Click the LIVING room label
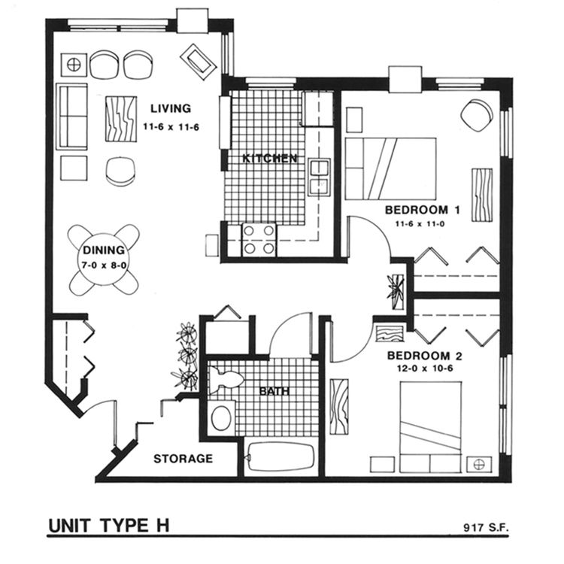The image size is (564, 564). pos(170,108)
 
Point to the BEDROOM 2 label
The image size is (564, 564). pos(422,355)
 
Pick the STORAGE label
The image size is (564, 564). pos(183,459)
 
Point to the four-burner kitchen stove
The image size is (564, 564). pos(259,240)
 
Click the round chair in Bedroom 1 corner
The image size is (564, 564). pos(476,114)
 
